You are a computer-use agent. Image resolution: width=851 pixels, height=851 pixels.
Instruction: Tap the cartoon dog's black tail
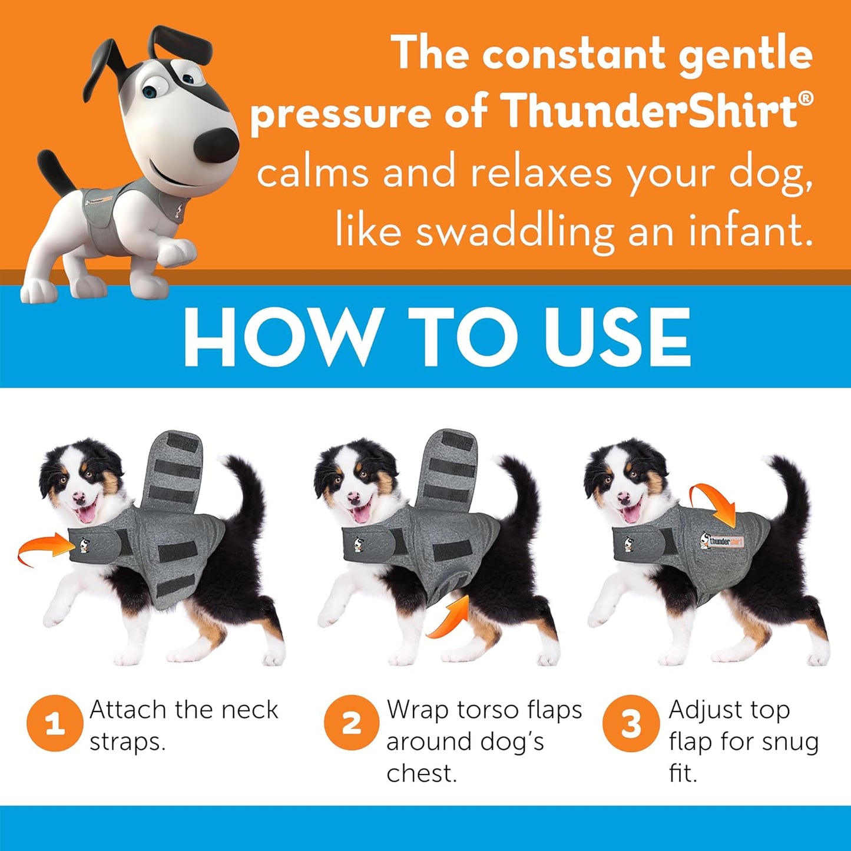(x=56, y=171)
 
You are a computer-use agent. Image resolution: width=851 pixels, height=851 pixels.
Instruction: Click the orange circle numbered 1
(x=54, y=723)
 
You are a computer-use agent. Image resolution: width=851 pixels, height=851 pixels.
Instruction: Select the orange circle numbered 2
(x=352, y=723)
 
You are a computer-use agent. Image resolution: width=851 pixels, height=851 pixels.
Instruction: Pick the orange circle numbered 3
(x=631, y=723)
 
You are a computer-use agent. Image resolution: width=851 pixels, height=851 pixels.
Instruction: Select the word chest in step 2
(x=420, y=773)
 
